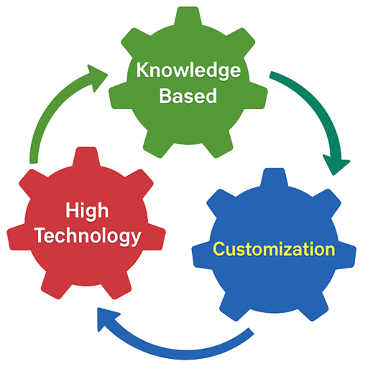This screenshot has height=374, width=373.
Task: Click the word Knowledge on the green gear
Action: click(188, 70)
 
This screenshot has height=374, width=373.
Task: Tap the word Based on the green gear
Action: click(188, 95)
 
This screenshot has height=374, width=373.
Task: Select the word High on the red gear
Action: click(87, 211)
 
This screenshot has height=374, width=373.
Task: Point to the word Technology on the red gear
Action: click(88, 235)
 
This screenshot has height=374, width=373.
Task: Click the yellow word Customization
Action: click(274, 249)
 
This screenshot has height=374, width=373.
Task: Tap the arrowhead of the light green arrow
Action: click(96, 77)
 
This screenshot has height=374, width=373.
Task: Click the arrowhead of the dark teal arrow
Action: click(336, 164)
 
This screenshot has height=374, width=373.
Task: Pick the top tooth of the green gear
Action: click(188, 16)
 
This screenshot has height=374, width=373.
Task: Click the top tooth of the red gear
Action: click(86, 156)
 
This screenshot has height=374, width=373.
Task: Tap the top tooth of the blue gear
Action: click(274, 177)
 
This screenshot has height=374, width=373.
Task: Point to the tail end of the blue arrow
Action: click(251, 332)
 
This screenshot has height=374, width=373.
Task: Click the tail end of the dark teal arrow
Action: click(271, 75)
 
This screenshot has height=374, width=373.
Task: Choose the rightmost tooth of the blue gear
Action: click(347, 256)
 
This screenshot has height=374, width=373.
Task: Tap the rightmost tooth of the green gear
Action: click(258, 95)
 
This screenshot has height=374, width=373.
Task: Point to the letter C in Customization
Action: click(219, 249)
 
